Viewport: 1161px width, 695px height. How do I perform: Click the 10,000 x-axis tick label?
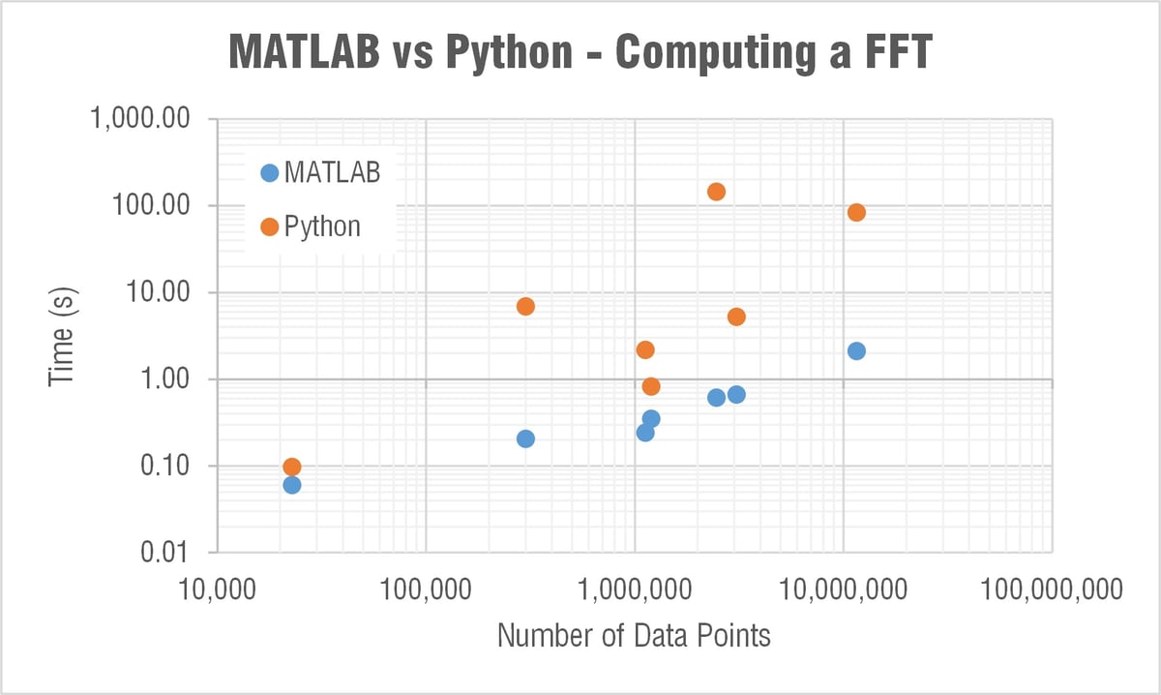tap(216, 589)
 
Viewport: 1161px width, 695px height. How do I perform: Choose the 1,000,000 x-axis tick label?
tap(634, 589)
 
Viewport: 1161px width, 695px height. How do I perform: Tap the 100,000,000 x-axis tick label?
tap(1052, 589)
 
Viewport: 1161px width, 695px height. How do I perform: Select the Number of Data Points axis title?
tap(634, 636)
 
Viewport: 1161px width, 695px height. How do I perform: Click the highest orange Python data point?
tap(716, 192)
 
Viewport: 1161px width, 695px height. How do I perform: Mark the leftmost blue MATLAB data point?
tap(291, 484)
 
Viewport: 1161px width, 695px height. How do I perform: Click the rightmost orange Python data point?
tap(856, 212)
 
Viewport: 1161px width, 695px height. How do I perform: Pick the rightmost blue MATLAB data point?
tap(856, 350)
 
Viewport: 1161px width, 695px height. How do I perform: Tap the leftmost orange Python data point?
tap(291, 467)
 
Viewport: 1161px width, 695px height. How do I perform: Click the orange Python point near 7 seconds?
tap(525, 306)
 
